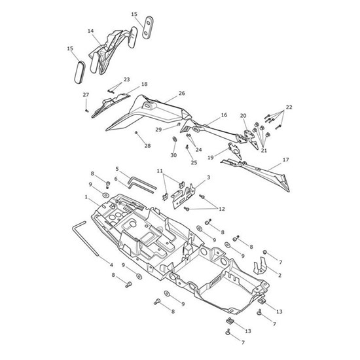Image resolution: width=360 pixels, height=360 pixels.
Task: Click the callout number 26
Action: [x=182, y=94]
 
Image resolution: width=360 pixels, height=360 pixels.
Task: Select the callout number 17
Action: [x=286, y=160]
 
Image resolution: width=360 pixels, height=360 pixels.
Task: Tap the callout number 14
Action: [x=91, y=31]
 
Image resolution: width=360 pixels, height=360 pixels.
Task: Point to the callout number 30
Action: [x=173, y=155]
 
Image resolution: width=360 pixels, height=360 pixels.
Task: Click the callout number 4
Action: [x=111, y=265]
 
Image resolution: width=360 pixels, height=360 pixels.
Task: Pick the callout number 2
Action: [x=279, y=275]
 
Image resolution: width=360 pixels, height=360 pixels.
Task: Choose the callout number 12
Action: [x=222, y=209]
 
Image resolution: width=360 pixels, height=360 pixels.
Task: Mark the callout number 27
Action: [x=86, y=95]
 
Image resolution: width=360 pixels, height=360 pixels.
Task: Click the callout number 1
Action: [x=86, y=197]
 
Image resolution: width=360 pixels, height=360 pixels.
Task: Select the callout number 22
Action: [x=289, y=107]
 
